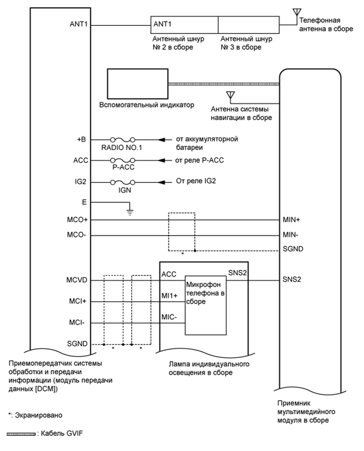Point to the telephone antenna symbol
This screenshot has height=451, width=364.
point(296,12)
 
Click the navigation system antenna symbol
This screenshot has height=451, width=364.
point(229,95)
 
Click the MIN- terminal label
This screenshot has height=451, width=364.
point(292,235)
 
